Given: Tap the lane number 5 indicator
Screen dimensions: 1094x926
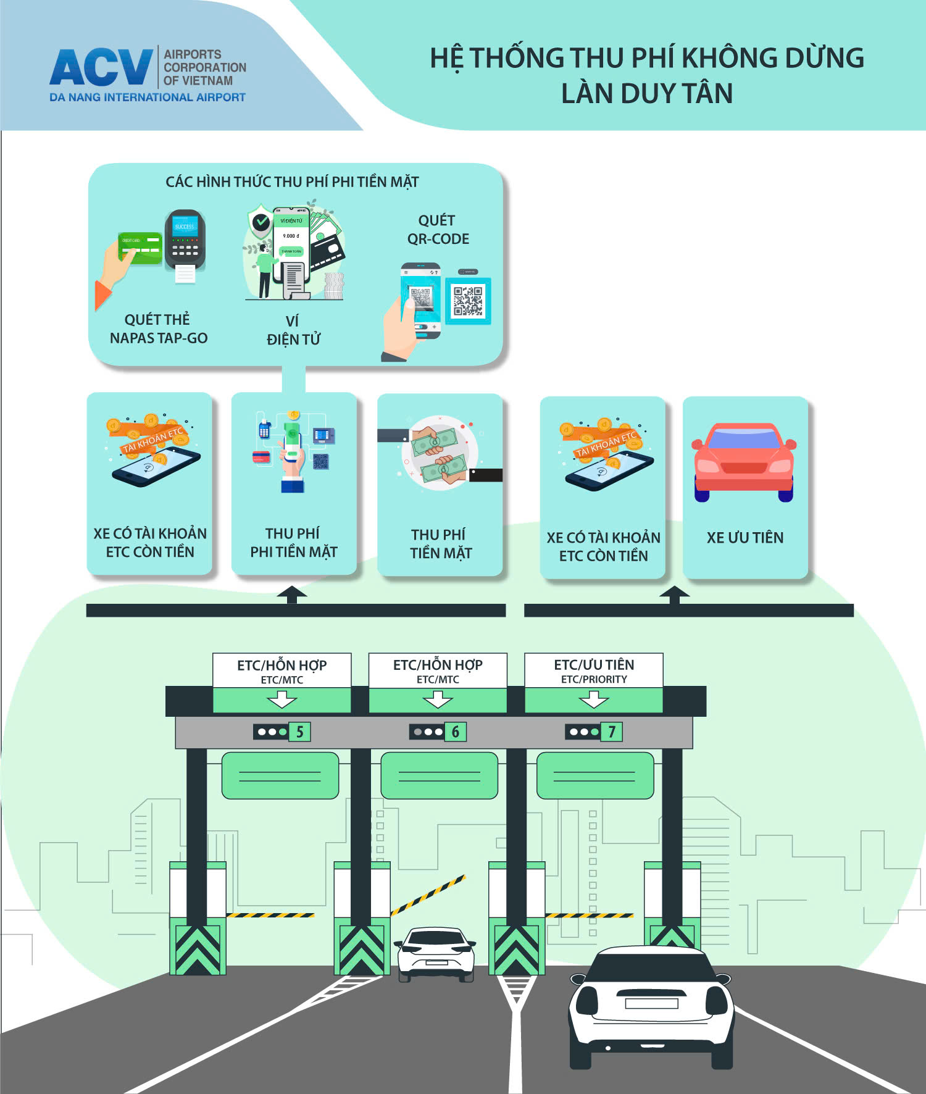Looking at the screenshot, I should point(299,732).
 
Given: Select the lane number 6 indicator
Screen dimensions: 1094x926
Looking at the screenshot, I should point(456,732).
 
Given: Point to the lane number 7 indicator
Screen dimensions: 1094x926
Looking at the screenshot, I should point(611,732).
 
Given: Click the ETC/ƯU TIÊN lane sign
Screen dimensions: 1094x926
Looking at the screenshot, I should point(594,670).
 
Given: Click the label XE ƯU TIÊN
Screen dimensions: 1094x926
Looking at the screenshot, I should point(745,538).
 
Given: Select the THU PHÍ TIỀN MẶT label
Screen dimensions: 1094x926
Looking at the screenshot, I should point(440,544).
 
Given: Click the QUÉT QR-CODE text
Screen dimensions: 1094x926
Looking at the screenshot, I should point(438,230).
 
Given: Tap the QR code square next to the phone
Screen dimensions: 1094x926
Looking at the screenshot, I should point(469,301).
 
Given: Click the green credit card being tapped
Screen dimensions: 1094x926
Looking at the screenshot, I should point(140,248).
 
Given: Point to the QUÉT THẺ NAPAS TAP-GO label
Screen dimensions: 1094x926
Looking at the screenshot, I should point(158,328).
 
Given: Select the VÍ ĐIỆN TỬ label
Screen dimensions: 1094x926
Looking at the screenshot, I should point(293,330).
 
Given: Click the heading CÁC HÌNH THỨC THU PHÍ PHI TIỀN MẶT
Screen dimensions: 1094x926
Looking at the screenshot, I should point(292,182).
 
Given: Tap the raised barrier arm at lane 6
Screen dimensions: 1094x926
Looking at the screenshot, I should point(428,894).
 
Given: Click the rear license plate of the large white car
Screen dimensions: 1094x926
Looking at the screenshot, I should point(651,1003).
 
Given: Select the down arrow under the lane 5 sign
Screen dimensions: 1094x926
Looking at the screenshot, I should point(282,699).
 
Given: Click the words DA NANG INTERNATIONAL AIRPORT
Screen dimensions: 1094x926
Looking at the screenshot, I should point(148,98).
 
